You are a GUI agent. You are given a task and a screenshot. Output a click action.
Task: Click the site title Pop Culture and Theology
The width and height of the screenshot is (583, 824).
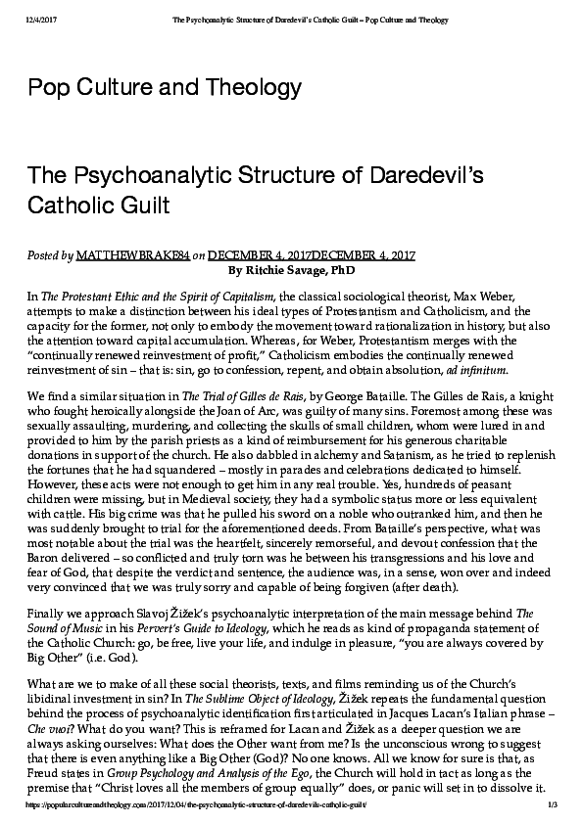(164, 87)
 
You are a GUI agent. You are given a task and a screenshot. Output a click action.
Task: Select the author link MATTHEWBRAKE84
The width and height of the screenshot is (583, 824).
(133, 254)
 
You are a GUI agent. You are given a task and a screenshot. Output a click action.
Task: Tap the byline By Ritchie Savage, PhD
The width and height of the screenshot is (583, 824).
(291, 268)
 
